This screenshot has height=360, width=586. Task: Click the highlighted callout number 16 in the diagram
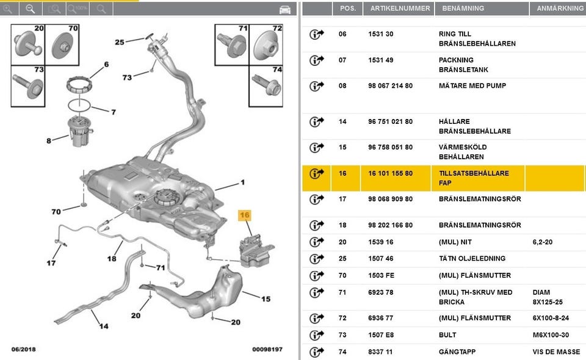[x=244, y=215]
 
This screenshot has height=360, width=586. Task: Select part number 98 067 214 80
[x=390, y=86]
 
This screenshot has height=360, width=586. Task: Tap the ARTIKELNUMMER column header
[x=400, y=8]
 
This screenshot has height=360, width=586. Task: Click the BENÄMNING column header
[x=463, y=8]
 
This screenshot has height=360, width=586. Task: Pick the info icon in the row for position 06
[x=316, y=34]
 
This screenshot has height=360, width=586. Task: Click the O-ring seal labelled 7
[x=79, y=106]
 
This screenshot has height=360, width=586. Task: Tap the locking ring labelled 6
[x=79, y=84]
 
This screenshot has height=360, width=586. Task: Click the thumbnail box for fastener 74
[x=266, y=86]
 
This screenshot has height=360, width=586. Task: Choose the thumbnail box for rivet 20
[x=28, y=45]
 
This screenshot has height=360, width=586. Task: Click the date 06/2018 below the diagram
[x=24, y=350]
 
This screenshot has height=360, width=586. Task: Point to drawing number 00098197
[x=267, y=350]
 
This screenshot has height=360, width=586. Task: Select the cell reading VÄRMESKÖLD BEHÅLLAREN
[x=463, y=152]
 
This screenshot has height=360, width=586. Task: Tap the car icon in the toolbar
[x=285, y=10]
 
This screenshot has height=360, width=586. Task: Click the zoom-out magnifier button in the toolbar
[x=31, y=9]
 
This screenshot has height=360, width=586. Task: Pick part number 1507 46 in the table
[x=380, y=259]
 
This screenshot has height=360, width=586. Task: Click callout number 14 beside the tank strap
[x=104, y=326]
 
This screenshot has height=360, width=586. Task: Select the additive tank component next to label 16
[x=256, y=251]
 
